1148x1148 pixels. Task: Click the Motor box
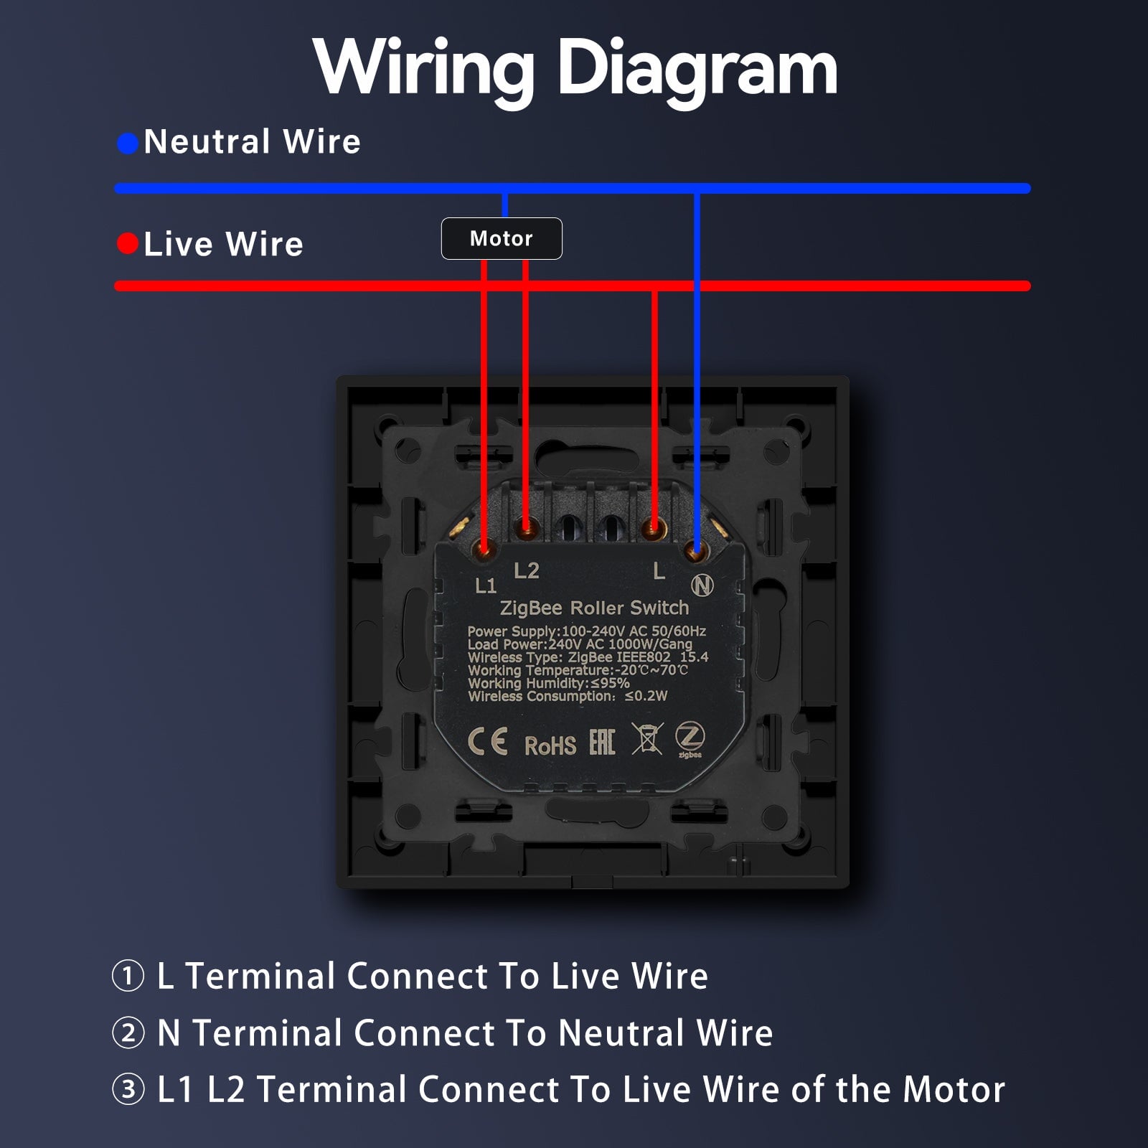[x=502, y=238]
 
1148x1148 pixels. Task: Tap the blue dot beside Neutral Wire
[x=128, y=143]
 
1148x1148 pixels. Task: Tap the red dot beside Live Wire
[x=128, y=244]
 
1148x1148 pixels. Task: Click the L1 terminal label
[x=486, y=586]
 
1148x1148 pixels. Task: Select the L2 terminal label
[x=527, y=571]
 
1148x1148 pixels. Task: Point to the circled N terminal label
[x=702, y=585]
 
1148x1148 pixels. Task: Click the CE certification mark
[x=488, y=741]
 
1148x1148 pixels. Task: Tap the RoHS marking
[x=550, y=746]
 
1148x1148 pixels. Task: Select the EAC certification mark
[x=602, y=742]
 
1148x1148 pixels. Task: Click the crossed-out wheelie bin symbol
[x=646, y=738]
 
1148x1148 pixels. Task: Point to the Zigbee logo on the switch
[x=690, y=738]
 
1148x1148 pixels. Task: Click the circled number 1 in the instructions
[x=128, y=977]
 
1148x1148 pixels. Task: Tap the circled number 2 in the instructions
[x=128, y=1033]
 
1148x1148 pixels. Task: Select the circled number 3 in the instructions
[x=128, y=1090]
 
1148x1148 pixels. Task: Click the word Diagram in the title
[x=697, y=70]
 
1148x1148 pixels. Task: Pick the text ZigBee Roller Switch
[x=594, y=608]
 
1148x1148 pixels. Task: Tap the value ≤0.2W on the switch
[x=646, y=696]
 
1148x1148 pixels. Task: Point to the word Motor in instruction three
[x=954, y=1089]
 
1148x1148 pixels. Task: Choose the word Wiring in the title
[x=424, y=70]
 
